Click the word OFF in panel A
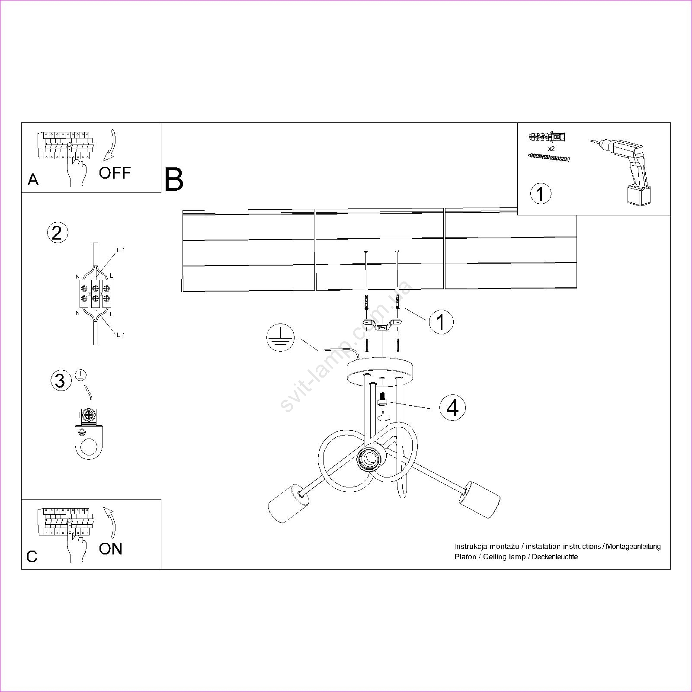[115, 173]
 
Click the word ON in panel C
[111, 549]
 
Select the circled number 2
[57, 233]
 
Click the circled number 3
[60, 381]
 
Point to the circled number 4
[452, 408]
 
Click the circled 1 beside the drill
[541, 193]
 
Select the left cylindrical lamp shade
[288, 503]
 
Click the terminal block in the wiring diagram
[96, 292]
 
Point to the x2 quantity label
[551, 148]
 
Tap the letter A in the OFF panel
[33, 180]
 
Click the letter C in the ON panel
[32, 557]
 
